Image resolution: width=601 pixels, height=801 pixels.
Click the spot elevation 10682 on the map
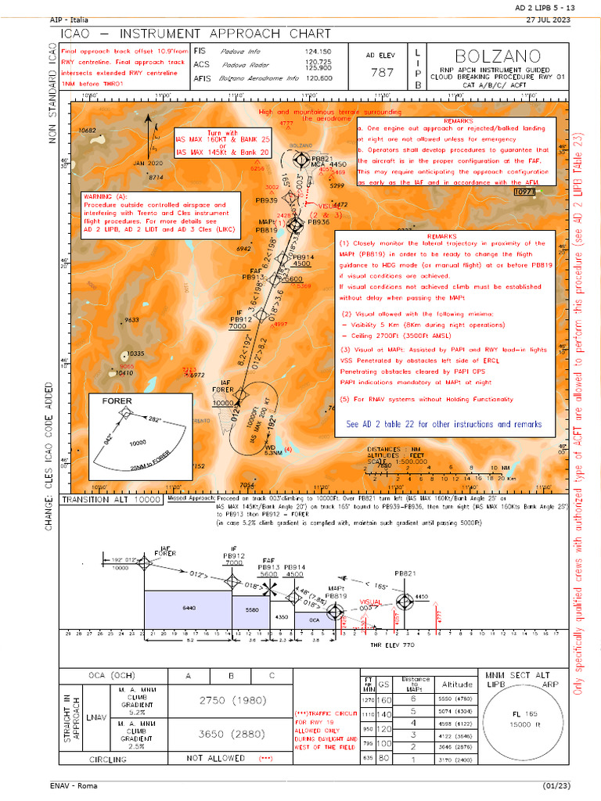tap(87, 131)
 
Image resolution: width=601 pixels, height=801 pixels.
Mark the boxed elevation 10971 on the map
tap(524, 191)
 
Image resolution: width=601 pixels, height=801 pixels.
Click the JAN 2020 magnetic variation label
tap(147, 163)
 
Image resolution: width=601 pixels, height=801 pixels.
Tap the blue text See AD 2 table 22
tap(444, 424)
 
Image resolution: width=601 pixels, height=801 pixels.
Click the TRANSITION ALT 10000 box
tap(110, 499)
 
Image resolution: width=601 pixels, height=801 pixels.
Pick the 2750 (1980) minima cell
tap(231, 702)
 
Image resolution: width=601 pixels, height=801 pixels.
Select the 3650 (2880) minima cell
tap(231, 734)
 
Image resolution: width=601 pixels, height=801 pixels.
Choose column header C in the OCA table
tap(271, 676)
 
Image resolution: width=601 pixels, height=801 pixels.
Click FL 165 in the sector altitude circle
tap(521, 714)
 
